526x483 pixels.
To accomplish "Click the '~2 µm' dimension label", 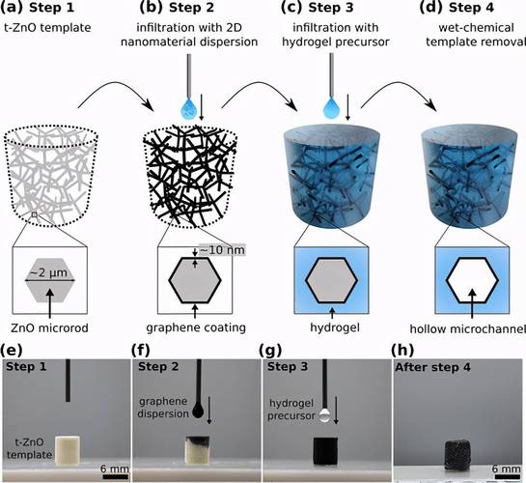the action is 50,272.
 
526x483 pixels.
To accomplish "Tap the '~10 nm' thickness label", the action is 222,250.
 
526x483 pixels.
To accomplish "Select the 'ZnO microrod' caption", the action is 49,327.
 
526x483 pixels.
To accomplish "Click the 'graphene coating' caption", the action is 196,327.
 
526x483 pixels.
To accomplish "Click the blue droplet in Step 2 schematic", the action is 189,107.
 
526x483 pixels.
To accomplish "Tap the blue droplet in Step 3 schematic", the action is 331,107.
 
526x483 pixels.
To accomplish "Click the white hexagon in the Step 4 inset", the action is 472,280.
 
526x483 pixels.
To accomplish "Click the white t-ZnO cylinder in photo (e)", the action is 68,450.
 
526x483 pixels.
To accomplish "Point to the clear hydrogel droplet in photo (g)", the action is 324,415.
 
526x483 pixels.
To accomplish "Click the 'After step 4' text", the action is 432,367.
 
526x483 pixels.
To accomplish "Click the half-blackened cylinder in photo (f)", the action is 198,450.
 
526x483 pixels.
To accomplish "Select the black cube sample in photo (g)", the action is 325,451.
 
